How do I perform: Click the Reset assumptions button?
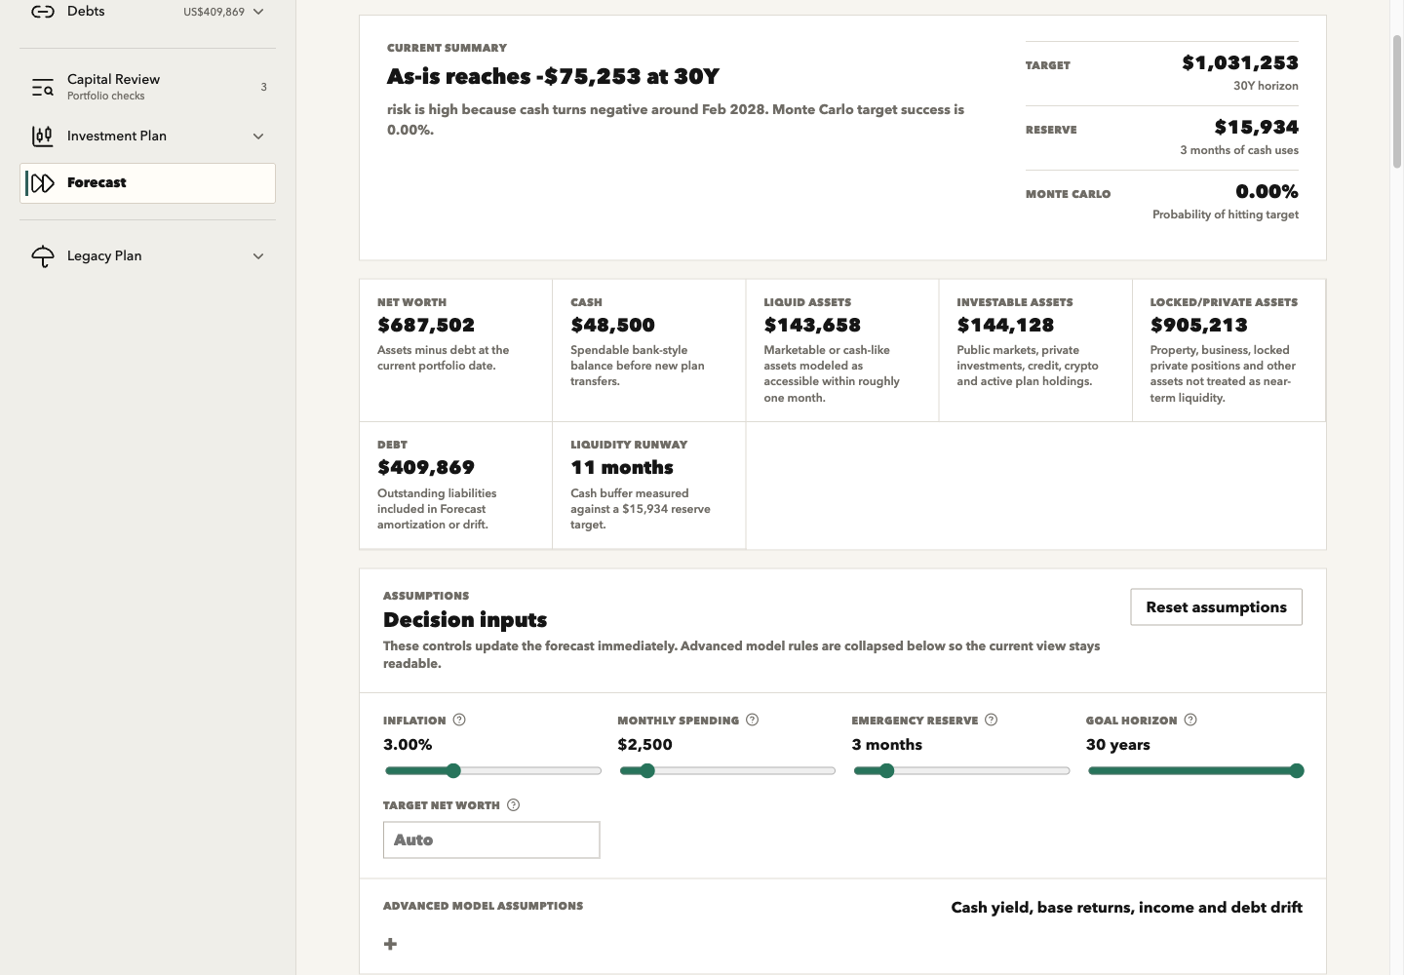pyautogui.click(x=1216, y=606)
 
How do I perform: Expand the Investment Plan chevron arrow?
pyautogui.click(x=258, y=136)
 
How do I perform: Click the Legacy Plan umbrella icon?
pyautogui.click(x=43, y=256)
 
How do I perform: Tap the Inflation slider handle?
pyautogui.click(x=453, y=770)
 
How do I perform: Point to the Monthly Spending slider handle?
pyautogui.click(x=647, y=770)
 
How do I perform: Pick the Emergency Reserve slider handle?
pyautogui.click(x=886, y=770)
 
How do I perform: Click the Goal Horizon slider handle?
pyautogui.click(x=1297, y=770)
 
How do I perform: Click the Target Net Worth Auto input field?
pyautogui.click(x=491, y=839)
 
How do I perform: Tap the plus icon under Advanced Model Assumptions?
pyautogui.click(x=390, y=944)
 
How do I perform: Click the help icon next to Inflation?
pyautogui.click(x=459, y=720)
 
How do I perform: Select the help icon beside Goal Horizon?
pyautogui.click(x=1190, y=720)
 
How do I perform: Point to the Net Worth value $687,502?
pyautogui.click(x=426, y=326)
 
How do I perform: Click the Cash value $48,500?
pyautogui.click(x=612, y=326)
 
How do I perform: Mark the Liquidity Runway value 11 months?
pyautogui.click(x=622, y=467)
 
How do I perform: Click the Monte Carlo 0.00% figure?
pyautogui.click(x=1267, y=191)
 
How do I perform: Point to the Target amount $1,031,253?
pyautogui.click(x=1240, y=62)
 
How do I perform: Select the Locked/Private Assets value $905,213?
pyautogui.click(x=1199, y=326)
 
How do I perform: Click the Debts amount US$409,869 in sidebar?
pyautogui.click(x=214, y=12)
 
